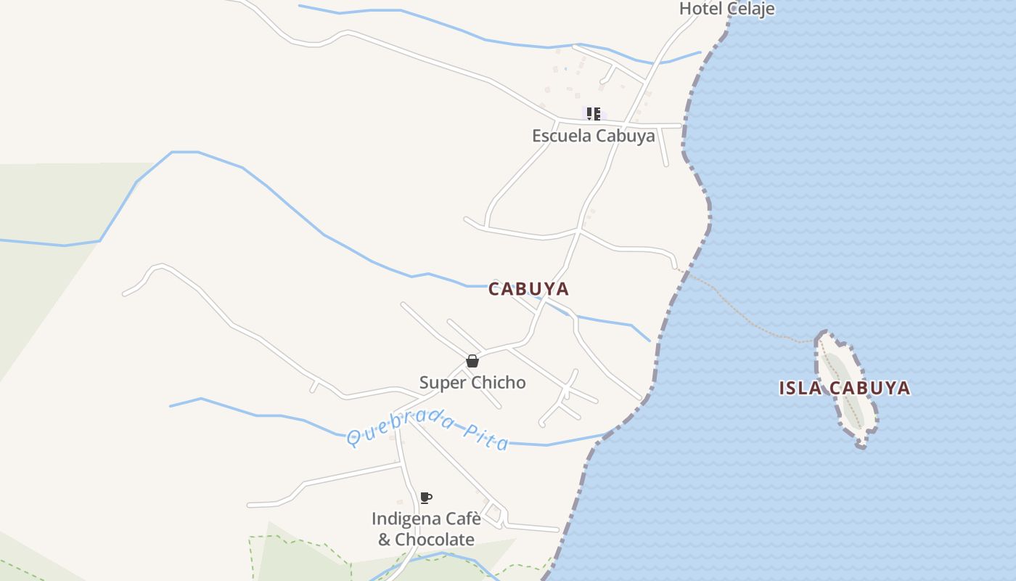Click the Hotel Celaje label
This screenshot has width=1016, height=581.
coord(726,9)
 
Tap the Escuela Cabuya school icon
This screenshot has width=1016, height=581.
coord(594,113)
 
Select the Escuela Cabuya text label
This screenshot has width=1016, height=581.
coord(593,136)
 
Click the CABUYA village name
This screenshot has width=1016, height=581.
coord(528,289)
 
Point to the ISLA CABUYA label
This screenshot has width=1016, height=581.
coord(844,388)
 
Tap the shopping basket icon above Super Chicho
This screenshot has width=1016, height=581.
coord(472,361)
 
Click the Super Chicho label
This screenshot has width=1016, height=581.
coord(472,383)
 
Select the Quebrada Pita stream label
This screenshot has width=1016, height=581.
coord(427,430)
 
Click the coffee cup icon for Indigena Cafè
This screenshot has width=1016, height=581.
coord(426,498)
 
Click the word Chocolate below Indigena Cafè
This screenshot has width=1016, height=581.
coord(435,540)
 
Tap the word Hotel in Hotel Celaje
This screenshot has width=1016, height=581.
coord(697,9)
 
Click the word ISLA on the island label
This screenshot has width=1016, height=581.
coord(800,388)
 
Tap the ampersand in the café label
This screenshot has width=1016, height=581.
coord(384,540)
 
